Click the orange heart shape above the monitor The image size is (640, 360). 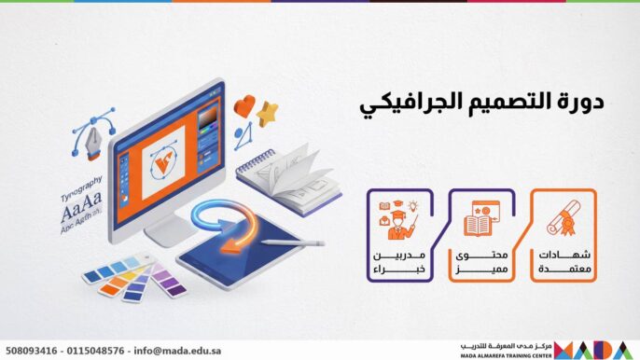tap(244, 107)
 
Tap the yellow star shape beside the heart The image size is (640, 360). tap(268, 114)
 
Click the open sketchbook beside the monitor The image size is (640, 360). tap(285, 173)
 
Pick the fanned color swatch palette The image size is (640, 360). tap(135, 277)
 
